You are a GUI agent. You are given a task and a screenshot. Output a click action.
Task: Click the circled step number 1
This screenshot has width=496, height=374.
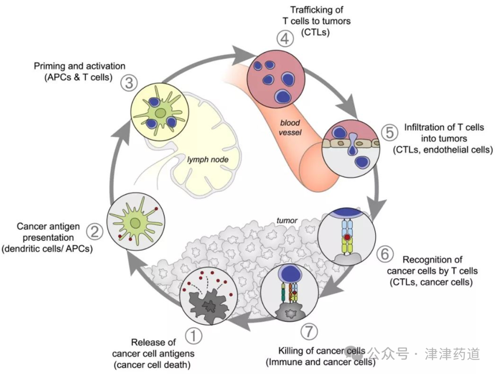pos(193,337)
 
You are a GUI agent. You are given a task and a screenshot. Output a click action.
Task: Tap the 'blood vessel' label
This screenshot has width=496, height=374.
pos(291,128)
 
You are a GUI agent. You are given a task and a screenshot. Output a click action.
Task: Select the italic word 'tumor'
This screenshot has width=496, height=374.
pos(287,221)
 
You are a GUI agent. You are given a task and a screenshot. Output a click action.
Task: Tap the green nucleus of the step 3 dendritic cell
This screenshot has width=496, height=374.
pos(160,113)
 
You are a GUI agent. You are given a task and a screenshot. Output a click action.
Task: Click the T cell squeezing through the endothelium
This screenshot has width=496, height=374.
pos(352,147)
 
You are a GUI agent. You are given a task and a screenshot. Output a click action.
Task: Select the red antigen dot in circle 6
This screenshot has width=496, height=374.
pos(348,238)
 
